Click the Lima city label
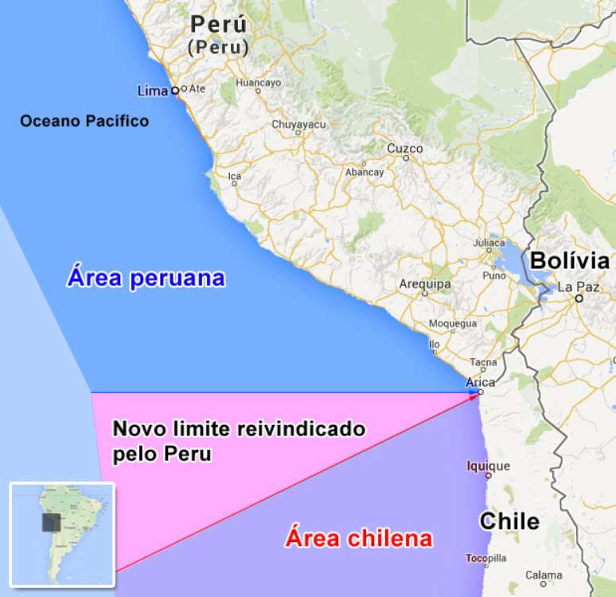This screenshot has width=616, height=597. click(x=153, y=90)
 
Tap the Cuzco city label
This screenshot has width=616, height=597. click(x=405, y=149)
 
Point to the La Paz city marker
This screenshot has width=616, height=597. click(x=580, y=298)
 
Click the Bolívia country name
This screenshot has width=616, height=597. click(x=570, y=261)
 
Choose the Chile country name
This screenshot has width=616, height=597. click(x=509, y=521)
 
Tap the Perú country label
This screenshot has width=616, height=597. click(x=219, y=25)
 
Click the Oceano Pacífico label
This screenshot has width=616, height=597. click(x=84, y=121)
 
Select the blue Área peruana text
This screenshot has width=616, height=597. click(x=146, y=279)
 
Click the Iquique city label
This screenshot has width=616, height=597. click(x=488, y=466)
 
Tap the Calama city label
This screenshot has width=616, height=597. click(x=544, y=575)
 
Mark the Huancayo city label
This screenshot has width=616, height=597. click(x=259, y=82)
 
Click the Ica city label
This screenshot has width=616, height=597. click(x=234, y=176)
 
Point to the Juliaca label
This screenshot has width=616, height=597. click(x=489, y=243)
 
